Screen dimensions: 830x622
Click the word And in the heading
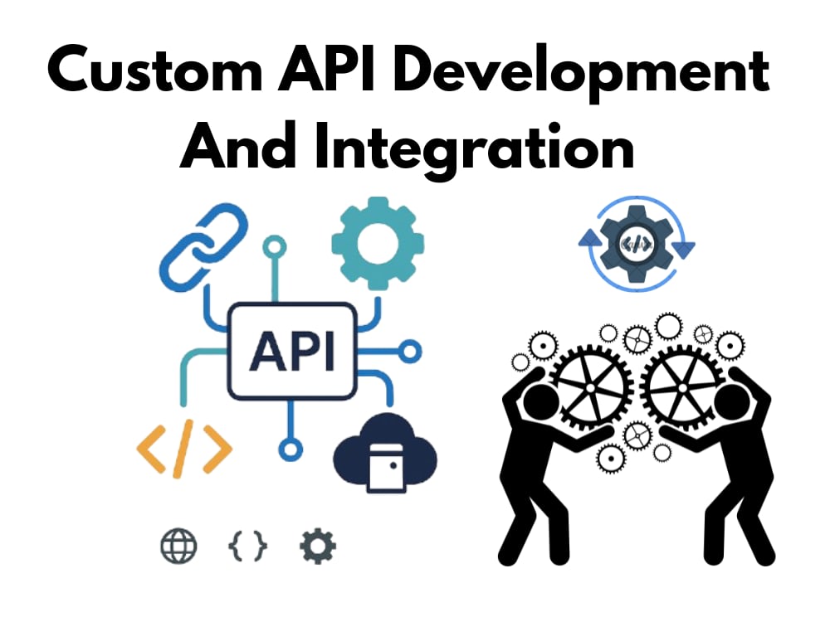point(237,145)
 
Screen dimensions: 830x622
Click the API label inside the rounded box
point(291,351)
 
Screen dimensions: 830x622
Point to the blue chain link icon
point(203,246)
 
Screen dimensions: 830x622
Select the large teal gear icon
point(378,243)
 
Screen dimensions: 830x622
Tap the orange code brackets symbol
point(184,449)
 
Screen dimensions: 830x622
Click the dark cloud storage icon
point(385,453)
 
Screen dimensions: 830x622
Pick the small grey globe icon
point(179,546)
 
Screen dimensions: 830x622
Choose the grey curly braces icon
point(247,546)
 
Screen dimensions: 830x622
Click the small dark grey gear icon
point(318,546)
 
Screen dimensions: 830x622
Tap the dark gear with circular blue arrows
point(637,244)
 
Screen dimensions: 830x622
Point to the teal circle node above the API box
point(274,246)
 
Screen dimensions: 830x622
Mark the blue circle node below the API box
point(290,449)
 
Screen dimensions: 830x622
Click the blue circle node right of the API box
point(410,351)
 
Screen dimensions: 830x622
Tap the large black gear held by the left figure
point(590,387)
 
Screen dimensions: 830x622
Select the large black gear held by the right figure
point(682,387)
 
